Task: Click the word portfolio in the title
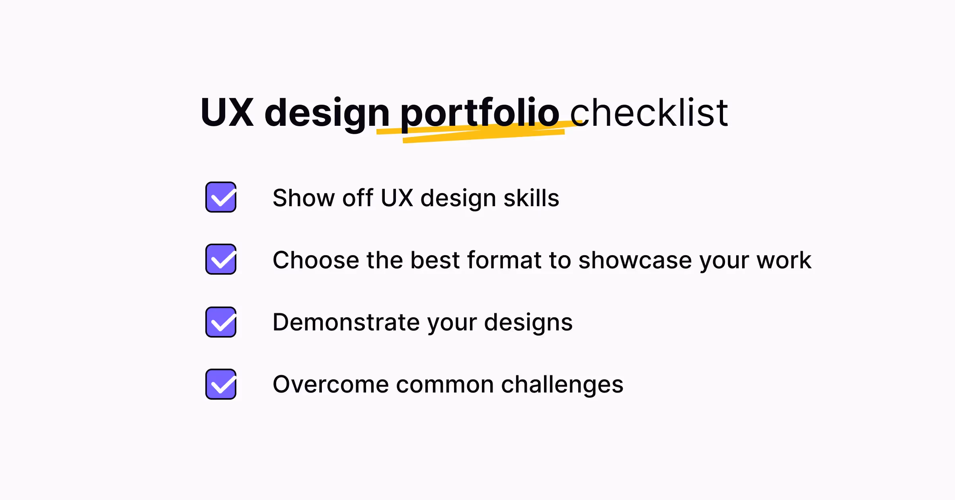(479, 113)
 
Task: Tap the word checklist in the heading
(649, 113)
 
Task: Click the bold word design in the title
(327, 113)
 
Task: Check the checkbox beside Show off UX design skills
(221, 197)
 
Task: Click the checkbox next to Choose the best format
(221, 259)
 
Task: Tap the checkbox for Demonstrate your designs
(221, 322)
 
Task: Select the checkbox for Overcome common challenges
(221, 384)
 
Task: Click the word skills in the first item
(531, 198)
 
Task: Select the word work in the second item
(784, 260)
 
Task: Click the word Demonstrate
(346, 322)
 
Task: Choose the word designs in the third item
(528, 323)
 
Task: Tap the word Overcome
(331, 385)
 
